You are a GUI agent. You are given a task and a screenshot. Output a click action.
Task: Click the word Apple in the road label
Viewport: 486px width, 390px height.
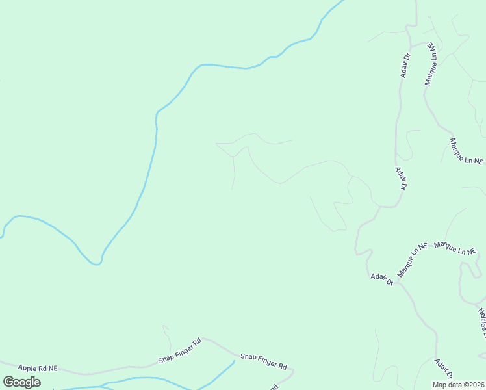[x=28, y=368]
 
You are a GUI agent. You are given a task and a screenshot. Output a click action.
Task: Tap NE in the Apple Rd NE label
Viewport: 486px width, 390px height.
[x=52, y=369]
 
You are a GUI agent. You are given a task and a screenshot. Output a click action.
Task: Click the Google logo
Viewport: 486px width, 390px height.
[x=21, y=382]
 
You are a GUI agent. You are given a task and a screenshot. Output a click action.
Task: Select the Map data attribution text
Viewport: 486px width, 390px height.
[x=450, y=385]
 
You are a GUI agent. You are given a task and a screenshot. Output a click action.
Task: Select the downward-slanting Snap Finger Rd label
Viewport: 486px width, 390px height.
[x=263, y=361]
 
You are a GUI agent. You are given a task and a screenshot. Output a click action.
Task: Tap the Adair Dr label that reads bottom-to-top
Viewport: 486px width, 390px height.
[x=406, y=66]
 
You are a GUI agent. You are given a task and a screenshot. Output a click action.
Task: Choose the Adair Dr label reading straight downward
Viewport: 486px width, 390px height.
[x=400, y=178]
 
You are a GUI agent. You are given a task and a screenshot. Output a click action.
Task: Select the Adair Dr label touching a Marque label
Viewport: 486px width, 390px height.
[x=382, y=279]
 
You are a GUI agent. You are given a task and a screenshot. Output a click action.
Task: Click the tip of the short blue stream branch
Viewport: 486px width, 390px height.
[x=234, y=361]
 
